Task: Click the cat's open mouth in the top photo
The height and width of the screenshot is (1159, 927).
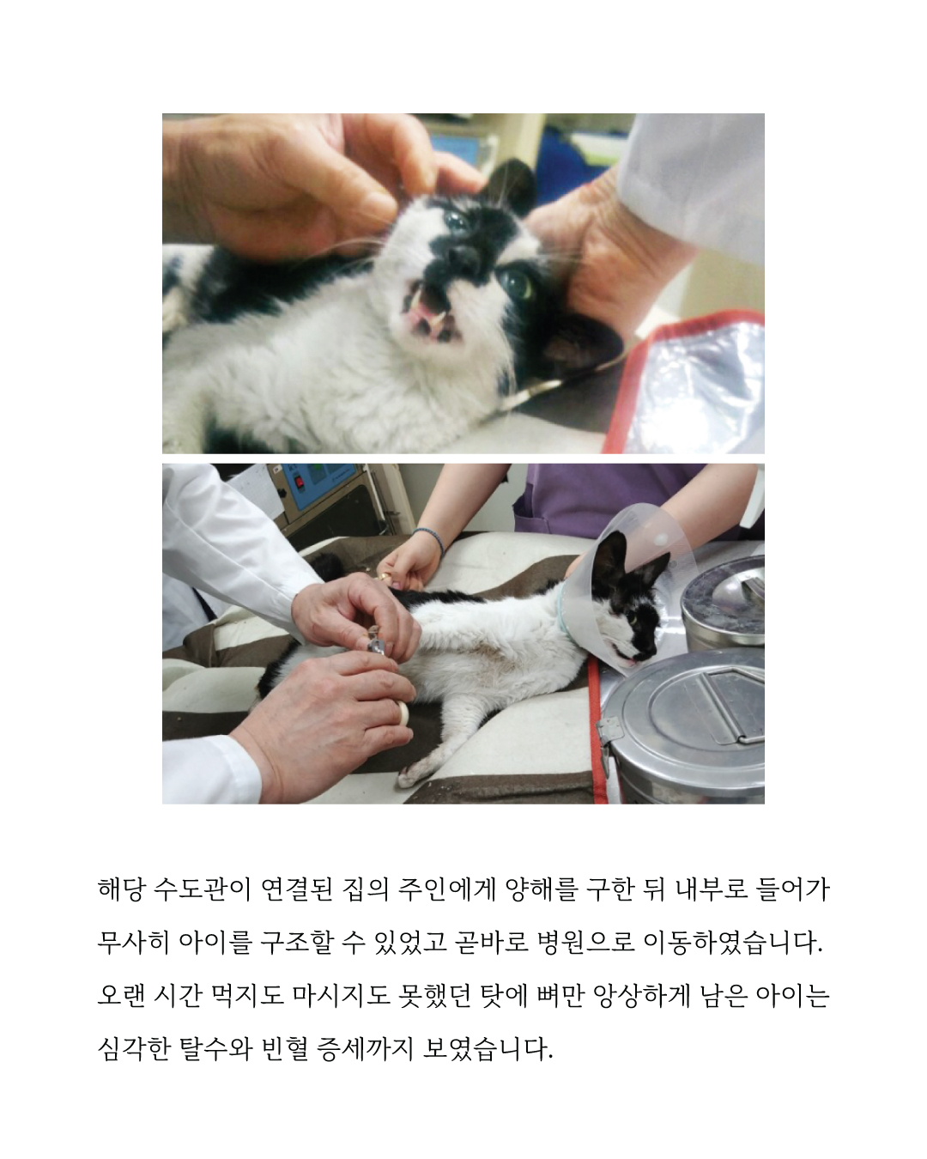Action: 426,323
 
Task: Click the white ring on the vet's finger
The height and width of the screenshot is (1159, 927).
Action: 401,711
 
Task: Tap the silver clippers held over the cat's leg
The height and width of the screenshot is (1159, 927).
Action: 375,643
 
